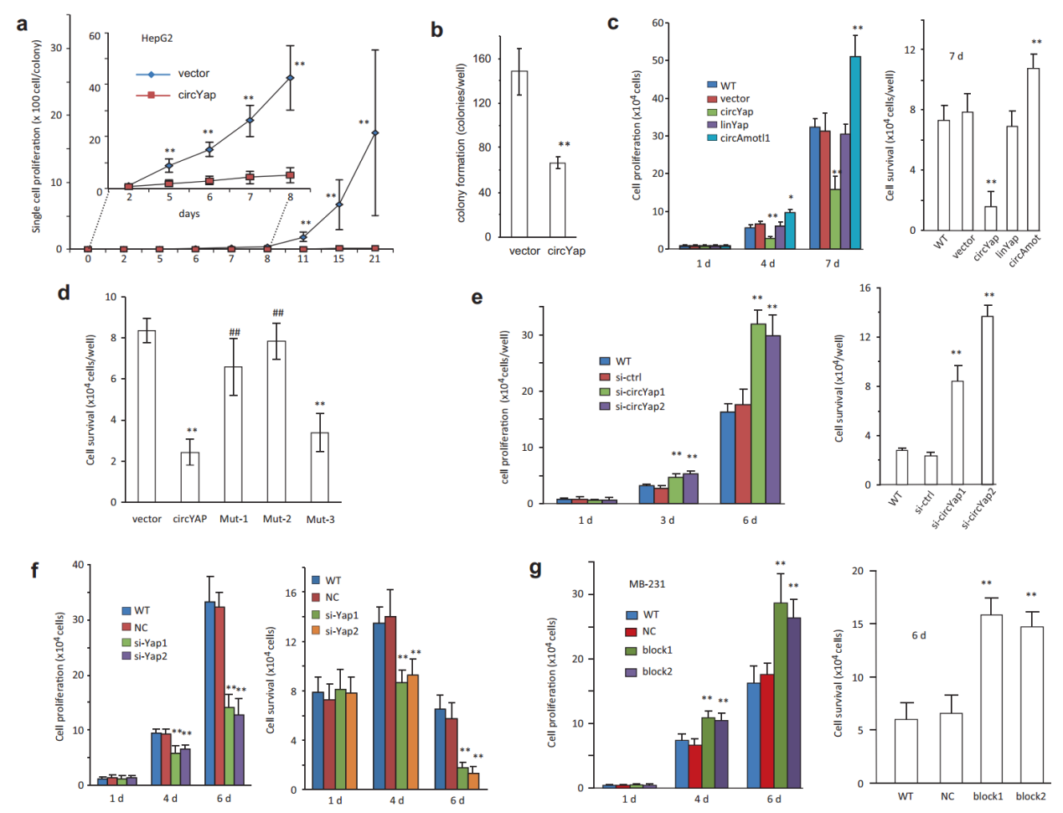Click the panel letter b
[436, 30]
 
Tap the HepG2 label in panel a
[157, 39]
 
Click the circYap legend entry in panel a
[196, 95]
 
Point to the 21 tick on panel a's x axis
[374, 259]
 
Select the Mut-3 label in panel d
[320, 520]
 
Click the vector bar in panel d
[147, 416]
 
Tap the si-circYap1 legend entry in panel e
[640, 392]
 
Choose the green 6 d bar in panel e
[758, 413]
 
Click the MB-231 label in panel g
[647, 584]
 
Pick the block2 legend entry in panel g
[657, 671]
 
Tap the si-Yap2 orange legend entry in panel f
[341, 631]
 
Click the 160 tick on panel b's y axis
[482, 59]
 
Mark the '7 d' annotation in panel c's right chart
[956, 56]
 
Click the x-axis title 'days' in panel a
[189, 214]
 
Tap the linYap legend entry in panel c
[734, 125]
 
